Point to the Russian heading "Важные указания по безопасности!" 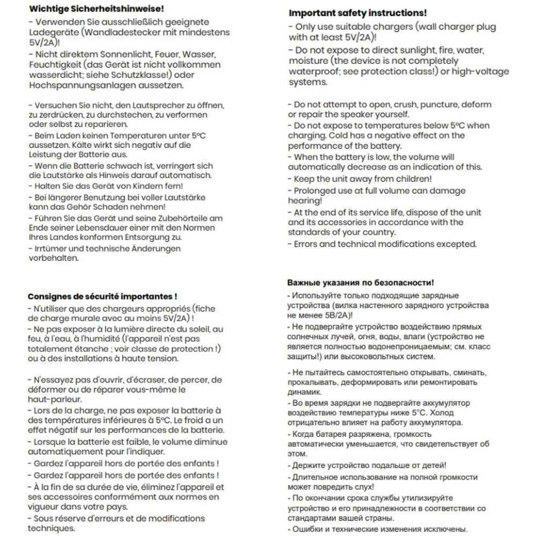[360, 282]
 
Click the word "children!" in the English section [413, 178]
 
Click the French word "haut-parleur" [54, 399]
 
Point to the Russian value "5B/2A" [333, 315]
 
